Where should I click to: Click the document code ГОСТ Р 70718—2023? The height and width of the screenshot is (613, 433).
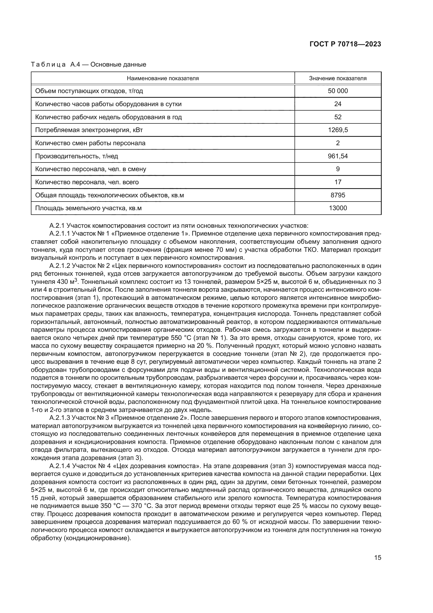click(345, 44)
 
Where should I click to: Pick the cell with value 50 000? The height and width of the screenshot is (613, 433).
click(337, 91)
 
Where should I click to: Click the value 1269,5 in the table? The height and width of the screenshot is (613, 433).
click(337, 130)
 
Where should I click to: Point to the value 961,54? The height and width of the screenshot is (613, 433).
click(337, 156)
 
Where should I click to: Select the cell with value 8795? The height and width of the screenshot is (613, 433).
click(337, 195)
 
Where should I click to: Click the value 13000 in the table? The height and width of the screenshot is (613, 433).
click(337, 208)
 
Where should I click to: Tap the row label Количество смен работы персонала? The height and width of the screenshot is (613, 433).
click(90, 143)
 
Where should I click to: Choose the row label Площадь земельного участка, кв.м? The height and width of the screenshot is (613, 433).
click(88, 208)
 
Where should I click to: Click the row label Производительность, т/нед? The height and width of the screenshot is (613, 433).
click(76, 156)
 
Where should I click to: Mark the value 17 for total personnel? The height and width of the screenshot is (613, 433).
click(337, 182)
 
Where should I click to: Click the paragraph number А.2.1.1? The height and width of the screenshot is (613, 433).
click(59, 234)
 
